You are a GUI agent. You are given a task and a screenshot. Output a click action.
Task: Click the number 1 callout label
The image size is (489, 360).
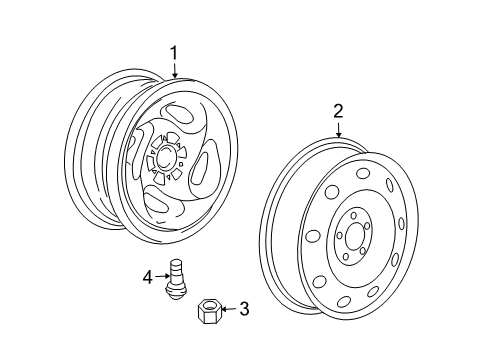(174, 53)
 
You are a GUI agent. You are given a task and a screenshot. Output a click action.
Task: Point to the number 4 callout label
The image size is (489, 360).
(147, 277)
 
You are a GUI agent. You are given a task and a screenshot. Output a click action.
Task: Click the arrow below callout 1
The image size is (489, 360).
(174, 71)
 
